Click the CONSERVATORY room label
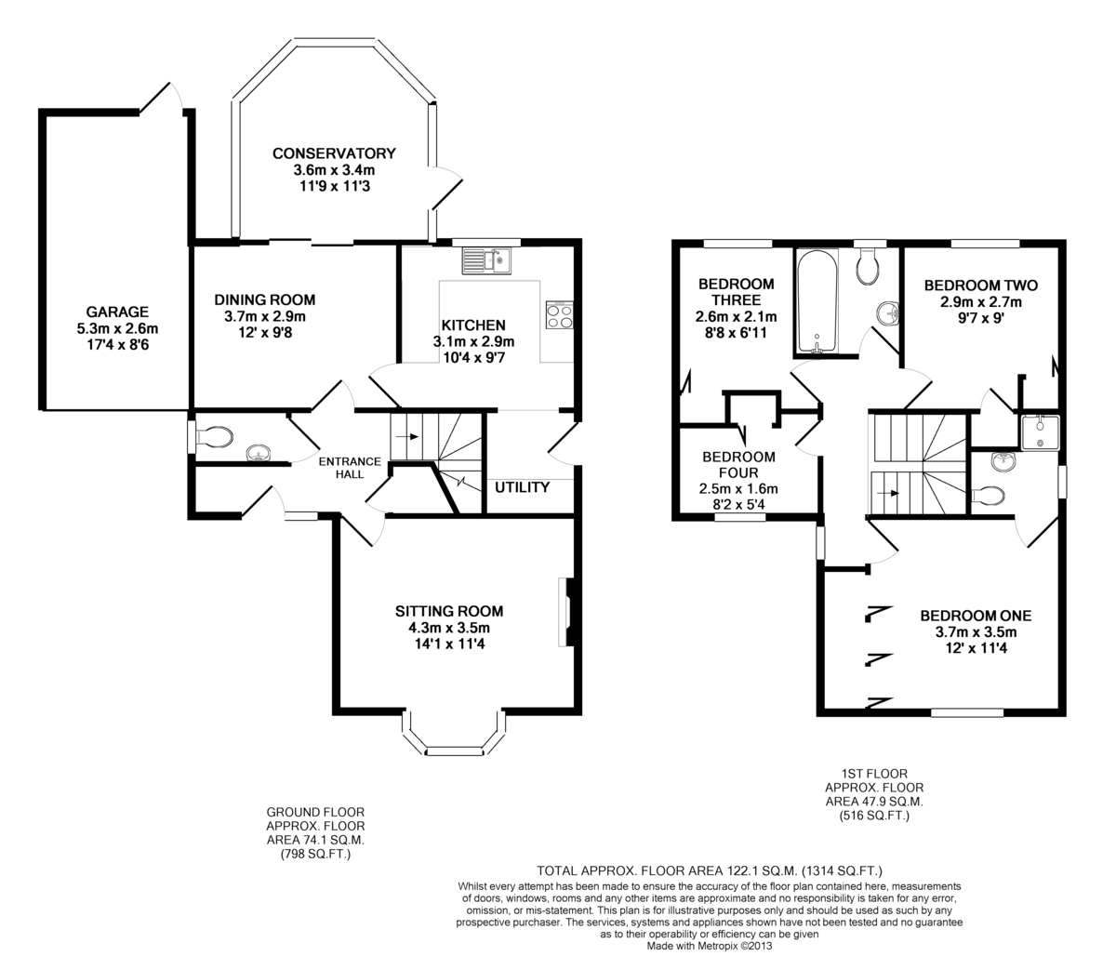(x=334, y=153)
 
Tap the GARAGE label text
(x=117, y=312)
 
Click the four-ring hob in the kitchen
(x=560, y=315)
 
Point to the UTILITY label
(x=522, y=487)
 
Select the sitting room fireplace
(x=565, y=611)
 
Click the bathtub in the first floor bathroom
(x=817, y=301)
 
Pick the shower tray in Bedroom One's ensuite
(x=1039, y=432)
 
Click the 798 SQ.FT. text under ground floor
(x=315, y=853)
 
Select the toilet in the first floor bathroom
(x=868, y=266)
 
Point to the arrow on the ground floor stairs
(x=406, y=434)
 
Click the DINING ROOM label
(x=264, y=300)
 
